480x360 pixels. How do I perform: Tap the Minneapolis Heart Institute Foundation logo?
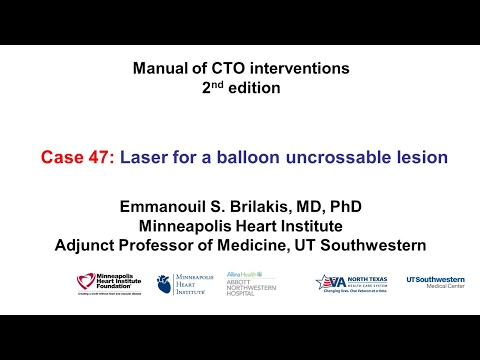111,284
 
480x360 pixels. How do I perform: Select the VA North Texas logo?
355,283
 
